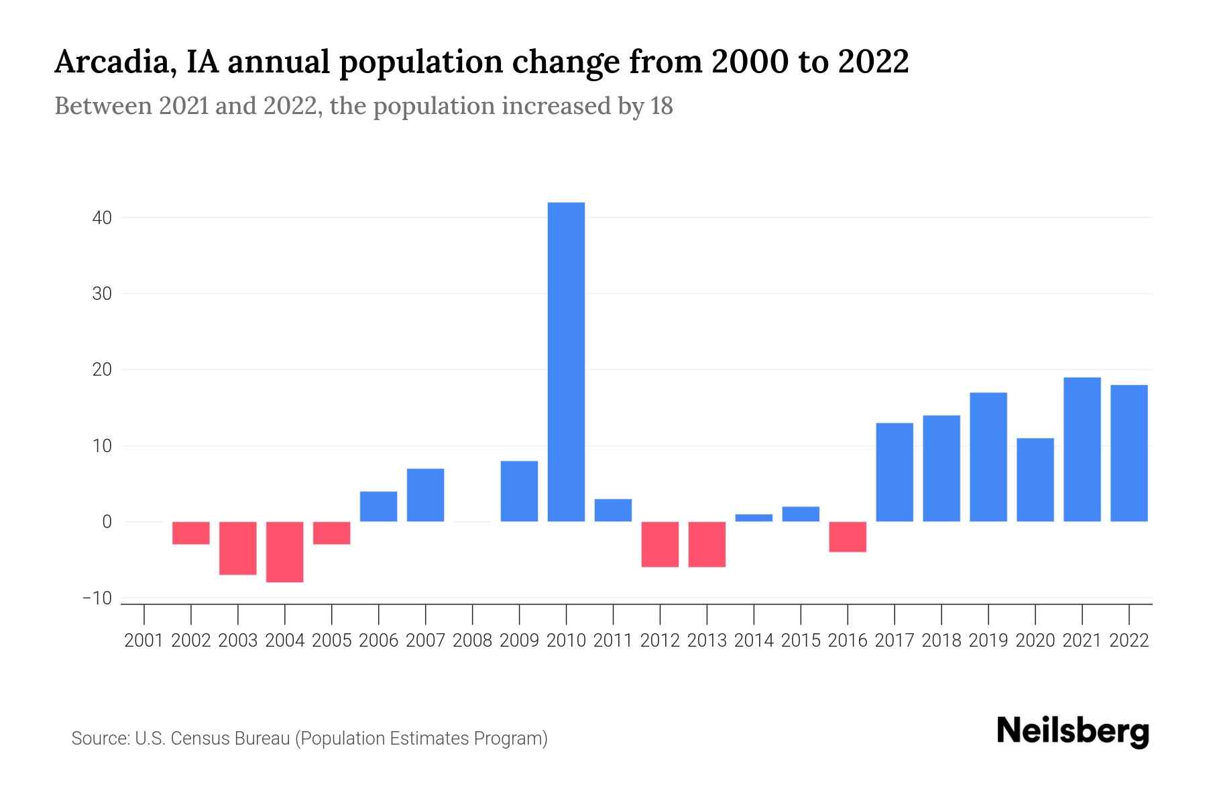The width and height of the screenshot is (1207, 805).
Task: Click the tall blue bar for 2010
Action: coord(566,362)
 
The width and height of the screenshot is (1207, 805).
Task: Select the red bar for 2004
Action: coord(285,551)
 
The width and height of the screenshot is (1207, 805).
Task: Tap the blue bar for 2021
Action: coord(1082,449)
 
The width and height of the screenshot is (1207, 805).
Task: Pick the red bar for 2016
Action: coord(848,537)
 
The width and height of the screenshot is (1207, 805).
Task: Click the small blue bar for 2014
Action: coord(754,518)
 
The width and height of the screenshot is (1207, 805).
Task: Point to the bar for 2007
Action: coord(426,495)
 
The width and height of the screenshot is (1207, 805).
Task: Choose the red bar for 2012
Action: coord(660,544)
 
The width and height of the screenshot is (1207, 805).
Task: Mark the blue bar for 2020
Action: coord(1035,480)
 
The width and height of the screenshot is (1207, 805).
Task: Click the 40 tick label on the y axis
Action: coord(102,218)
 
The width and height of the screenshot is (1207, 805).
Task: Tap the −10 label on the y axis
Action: coord(97,598)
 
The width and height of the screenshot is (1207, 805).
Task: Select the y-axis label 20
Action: coord(102,370)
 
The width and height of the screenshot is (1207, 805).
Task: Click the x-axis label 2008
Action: coord(472,641)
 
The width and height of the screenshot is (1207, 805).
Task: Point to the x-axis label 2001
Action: coord(144,641)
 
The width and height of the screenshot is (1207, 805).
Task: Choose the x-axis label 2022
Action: coord(1129,641)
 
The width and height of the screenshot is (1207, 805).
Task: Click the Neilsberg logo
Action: coord(1073,731)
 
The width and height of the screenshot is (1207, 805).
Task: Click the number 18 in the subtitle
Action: coord(661,107)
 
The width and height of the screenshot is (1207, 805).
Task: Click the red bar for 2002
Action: coord(191,533)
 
